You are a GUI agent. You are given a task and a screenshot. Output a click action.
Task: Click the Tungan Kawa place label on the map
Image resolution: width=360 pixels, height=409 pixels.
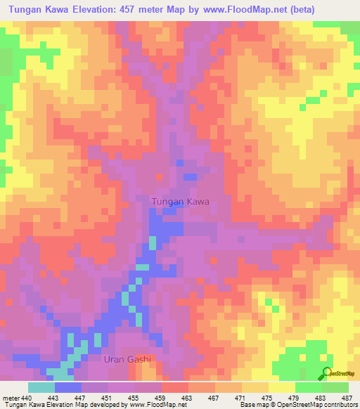pos(181,202)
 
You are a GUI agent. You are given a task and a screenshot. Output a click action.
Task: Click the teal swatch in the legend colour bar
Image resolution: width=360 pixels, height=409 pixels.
pos(41,387)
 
